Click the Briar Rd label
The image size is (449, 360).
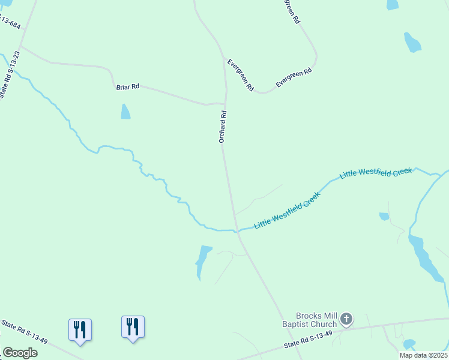(127, 87)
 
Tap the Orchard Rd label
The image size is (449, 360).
(222, 126)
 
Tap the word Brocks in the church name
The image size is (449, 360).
(309, 316)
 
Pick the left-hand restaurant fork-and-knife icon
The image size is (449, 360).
(80, 329)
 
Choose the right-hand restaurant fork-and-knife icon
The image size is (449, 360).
(133, 326)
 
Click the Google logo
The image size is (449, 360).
(20, 353)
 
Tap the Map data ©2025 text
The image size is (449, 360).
(423, 355)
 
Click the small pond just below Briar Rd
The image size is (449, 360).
(125, 112)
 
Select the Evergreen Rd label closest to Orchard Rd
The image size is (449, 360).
(240, 75)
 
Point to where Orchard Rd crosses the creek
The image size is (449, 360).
(236, 230)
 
